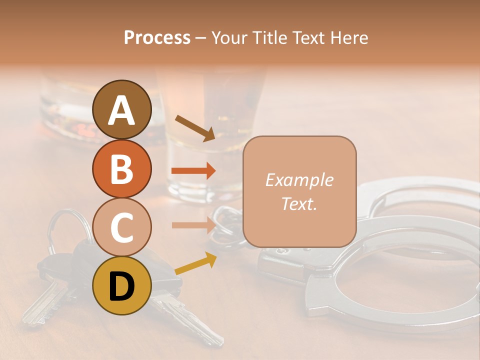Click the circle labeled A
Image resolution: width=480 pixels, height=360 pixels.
(122, 109)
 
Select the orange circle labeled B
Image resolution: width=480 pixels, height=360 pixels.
(122, 168)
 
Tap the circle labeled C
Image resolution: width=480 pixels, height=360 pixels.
(122, 227)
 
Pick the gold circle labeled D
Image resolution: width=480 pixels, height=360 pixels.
(122, 285)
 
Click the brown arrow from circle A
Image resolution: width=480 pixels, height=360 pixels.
(195, 128)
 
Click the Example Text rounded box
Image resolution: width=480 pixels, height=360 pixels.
(299, 191)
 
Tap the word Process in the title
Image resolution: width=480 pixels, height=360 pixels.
(157, 38)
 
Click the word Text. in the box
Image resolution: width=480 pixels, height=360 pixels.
(299, 203)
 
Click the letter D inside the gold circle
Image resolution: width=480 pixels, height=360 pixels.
(122, 286)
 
